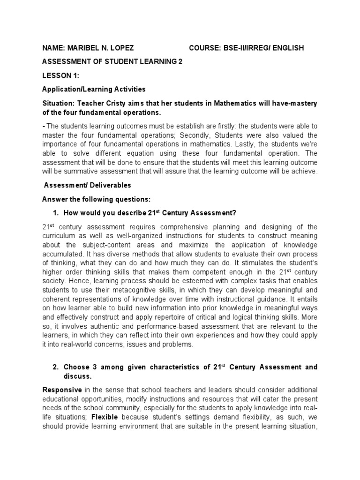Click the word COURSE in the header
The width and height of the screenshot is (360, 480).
(x=205, y=48)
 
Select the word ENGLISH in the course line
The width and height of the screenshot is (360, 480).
(x=286, y=48)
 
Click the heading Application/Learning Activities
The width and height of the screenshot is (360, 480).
(x=94, y=89)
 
